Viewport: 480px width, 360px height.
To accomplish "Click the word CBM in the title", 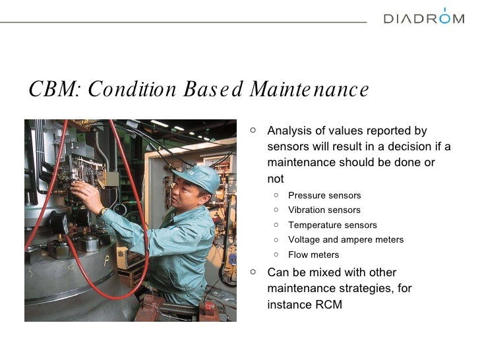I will pyautogui.click(x=53, y=90).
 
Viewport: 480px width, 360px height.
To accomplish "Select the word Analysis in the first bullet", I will pyautogui.click(x=289, y=131).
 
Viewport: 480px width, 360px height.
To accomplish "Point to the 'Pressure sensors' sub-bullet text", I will pyautogui.click(x=324, y=195).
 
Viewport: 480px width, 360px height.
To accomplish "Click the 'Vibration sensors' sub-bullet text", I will pyautogui.click(x=324, y=210).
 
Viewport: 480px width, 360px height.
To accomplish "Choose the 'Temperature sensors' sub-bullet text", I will pyautogui.click(x=332, y=225).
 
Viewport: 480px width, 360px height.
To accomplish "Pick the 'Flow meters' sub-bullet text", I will pyautogui.click(x=313, y=255).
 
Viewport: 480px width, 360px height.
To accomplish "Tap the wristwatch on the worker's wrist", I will pyautogui.click(x=102, y=212).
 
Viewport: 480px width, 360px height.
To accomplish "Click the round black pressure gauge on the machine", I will pyautogui.click(x=59, y=223).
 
